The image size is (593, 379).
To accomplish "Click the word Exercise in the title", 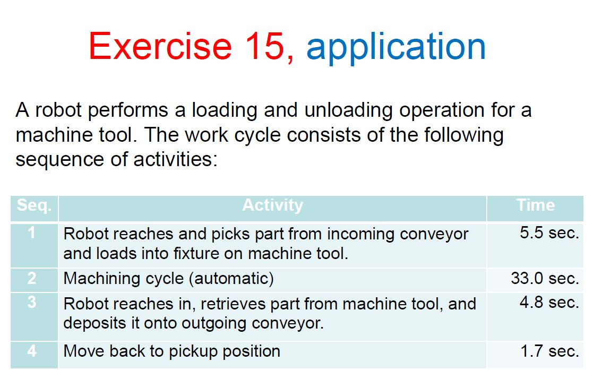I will (x=160, y=46).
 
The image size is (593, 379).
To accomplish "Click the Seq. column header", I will (x=34, y=205).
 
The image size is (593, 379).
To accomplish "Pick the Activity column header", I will (x=272, y=205).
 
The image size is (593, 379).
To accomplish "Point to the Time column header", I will (x=535, y=205).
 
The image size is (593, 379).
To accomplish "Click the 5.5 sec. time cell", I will (x=549, y=233).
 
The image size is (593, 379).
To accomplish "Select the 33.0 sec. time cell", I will (x=545, y=278).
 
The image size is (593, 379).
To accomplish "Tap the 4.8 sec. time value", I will (x=549, y=303).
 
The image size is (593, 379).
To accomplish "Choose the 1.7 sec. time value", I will (x=549, y=351).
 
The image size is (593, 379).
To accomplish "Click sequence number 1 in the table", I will (x=32, y=233).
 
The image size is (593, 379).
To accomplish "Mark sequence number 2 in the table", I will (x=32, y=279).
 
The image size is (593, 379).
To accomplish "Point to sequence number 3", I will (x=32, y=303).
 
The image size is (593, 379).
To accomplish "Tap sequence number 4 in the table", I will (x=32, y=351).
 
